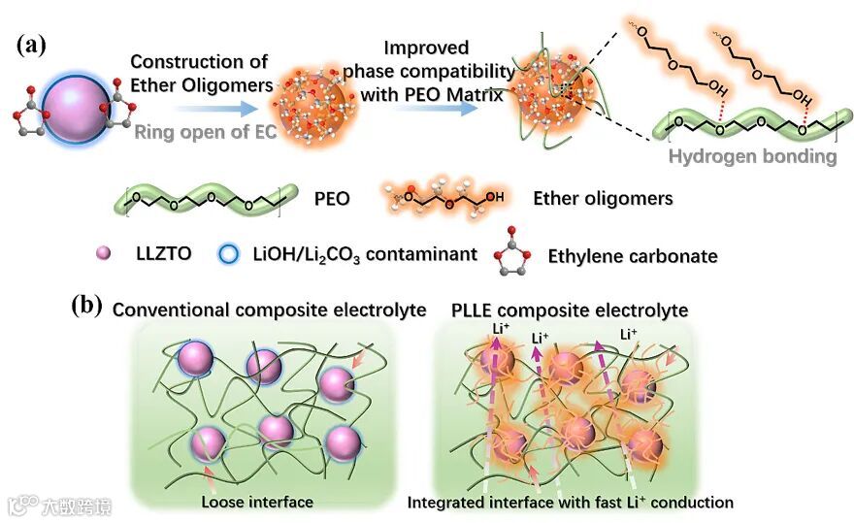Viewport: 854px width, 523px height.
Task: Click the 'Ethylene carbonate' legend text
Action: point(646,256)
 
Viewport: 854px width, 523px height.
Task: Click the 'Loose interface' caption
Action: point(257,502)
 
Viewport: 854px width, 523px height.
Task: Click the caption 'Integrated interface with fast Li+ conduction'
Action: point(570,502)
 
